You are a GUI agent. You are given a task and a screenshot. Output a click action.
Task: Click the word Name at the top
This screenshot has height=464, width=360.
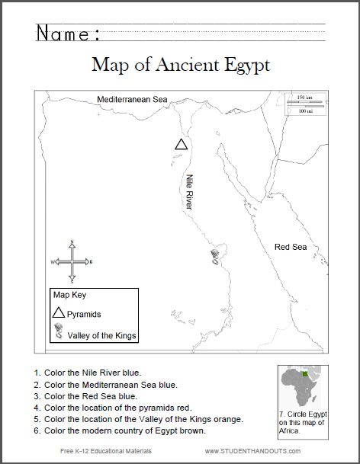pyautogui.click(x=67, y=34)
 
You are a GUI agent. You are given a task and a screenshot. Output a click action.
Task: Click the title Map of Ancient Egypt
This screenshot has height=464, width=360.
pyautogui.click(x=180, y=66)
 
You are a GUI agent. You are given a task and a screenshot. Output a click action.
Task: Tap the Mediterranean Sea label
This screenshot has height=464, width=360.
pyautogui.click(x=131, y=99)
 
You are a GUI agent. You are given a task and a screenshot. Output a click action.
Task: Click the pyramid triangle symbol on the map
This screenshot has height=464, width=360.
pyautogui.click(x=181, y=144)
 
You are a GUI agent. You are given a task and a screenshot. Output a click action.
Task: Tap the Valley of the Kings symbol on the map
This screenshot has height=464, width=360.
pyautogui.click(x=215, y=257)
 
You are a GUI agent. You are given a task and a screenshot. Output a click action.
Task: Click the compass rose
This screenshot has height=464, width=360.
pyautogui.click(x=72, y=261)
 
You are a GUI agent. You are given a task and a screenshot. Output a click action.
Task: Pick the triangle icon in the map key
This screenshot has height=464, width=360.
pyautogui.click(x=58, y=312)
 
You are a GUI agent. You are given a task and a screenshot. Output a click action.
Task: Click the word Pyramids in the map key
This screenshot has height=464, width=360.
pyautogui.click(x=84, y=314)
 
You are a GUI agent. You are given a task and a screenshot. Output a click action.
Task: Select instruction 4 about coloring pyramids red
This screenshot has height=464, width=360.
pyautogui.click(x=114, y=408)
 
